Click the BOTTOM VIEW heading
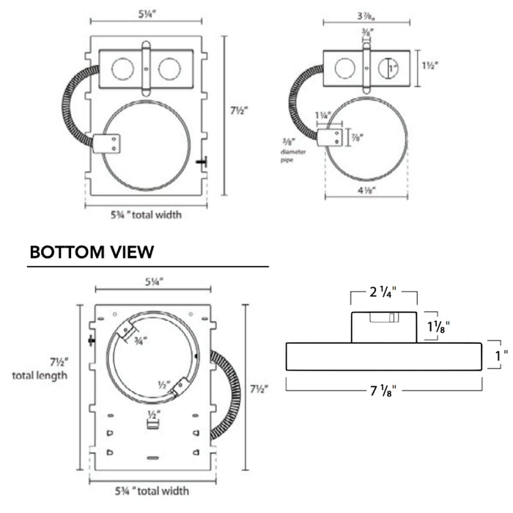tap(91, 252)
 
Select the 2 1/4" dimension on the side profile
tap(383, 292)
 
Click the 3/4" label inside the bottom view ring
tap(140, 340)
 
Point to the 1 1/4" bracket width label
tap(323, 115)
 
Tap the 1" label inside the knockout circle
tap(392, 68)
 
